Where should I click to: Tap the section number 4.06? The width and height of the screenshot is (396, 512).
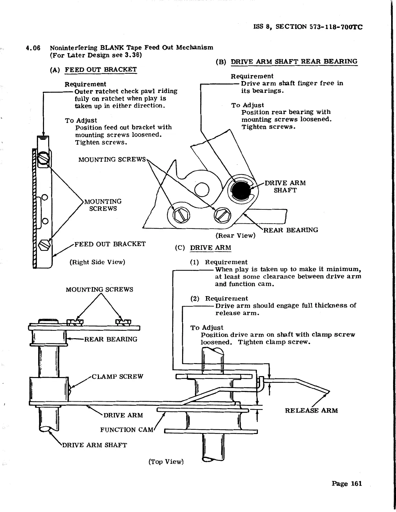[x=33, y=48]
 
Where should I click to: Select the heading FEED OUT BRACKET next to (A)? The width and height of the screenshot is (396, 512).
[x=101, y=70]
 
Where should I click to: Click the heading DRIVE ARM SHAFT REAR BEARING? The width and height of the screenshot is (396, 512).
[x=294, y=61]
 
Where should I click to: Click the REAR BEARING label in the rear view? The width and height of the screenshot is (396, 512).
[x=291, y=230]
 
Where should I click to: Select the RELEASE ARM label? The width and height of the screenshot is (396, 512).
[x=311, y=411]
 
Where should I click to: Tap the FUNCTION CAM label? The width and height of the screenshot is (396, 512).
[x=126, y=430]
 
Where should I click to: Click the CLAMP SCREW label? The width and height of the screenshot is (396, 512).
[x=117, y=377]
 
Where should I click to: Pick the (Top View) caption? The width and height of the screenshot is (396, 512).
[x=166, y=462]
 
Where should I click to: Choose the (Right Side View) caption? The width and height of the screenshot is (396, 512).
[x=97, y=262]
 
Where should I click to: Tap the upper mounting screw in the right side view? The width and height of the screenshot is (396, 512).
[x=43, y=159]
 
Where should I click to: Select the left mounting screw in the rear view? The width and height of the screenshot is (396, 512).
[x=179, y=214]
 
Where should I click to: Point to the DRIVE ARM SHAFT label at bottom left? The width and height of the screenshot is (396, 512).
[x=94, y=445]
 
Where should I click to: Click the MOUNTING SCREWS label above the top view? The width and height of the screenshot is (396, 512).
[x=99, y=290]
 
